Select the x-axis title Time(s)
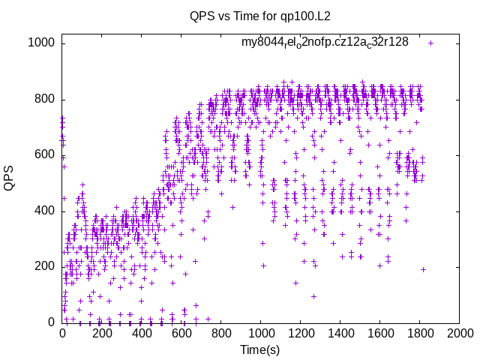tap(260, 349)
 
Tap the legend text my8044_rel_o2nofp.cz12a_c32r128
tap(325, 42)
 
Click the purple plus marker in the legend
tap(430, 43)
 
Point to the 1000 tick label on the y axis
tap(42, 43)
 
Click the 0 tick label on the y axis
tap(52, 322)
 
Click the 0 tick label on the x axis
tap(62, 332)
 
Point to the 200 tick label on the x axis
tap(102, 332)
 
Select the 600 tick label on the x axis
tap(181, 332)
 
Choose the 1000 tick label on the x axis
tap(261, 332)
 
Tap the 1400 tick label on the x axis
tap(340, 332)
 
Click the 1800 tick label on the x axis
tap(420, 332)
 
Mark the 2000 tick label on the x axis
tap(460, 332)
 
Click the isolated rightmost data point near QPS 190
tap(423, 269)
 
